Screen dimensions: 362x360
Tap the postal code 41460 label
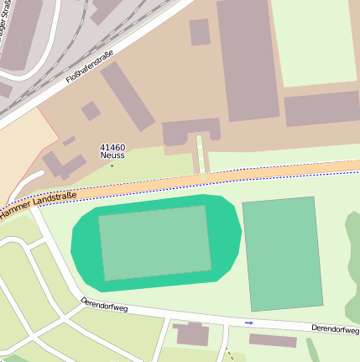[x=112, y=147]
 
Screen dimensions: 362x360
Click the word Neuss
[x=112, y=155]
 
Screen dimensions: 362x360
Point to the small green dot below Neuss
[x=112, y=165]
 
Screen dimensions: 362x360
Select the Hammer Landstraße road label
[x=38, y=207]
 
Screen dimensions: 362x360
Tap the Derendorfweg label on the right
[x=335, y=328]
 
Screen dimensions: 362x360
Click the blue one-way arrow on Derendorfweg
[x=248, y=323]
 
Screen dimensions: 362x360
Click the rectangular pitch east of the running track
[x=282, y=253]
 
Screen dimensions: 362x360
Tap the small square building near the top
[x=200, y=32]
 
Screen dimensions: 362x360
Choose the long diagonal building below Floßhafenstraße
[x=128, y=95]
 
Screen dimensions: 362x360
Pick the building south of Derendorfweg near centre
[x=192, y=334]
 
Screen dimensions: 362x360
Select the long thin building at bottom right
[x=273, y=340]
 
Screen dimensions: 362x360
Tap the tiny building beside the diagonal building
[x=91, y=110]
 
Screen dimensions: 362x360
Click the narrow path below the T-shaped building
[x=201, y=155]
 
